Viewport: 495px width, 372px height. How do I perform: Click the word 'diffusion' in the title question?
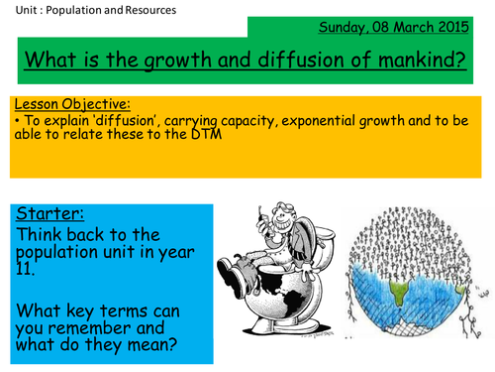281,62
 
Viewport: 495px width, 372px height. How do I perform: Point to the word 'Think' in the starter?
42,235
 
